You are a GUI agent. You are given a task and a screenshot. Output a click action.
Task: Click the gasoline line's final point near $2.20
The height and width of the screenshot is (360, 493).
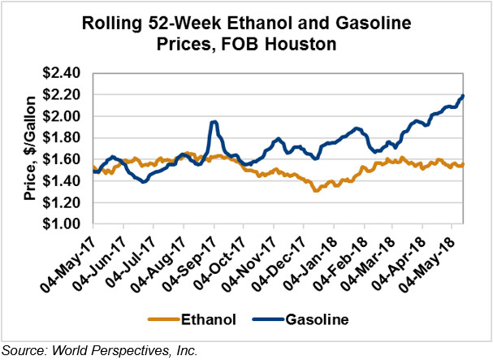pos(463,96)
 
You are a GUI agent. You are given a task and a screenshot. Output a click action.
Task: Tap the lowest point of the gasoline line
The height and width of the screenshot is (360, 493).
pos(144,181)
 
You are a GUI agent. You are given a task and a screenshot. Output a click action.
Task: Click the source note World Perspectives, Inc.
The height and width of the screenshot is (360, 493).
pos(127,350)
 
